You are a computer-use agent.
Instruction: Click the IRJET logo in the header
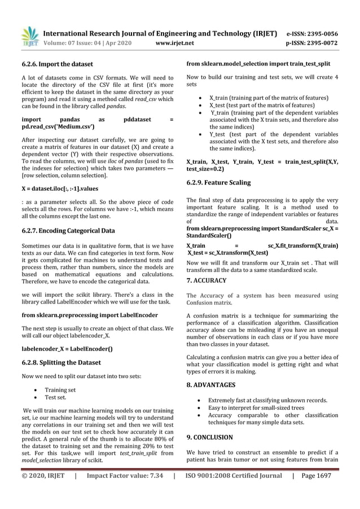coord(29,37)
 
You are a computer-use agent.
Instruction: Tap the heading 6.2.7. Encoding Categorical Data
coord(68,230)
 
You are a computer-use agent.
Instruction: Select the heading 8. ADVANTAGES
coord(210,385)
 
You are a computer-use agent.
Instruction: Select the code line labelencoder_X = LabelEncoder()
coord(67,348)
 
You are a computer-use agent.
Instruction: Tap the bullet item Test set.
coord(56,397)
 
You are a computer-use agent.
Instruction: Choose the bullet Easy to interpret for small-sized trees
coord(257,407)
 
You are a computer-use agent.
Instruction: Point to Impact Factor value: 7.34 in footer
coord(125,476)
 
